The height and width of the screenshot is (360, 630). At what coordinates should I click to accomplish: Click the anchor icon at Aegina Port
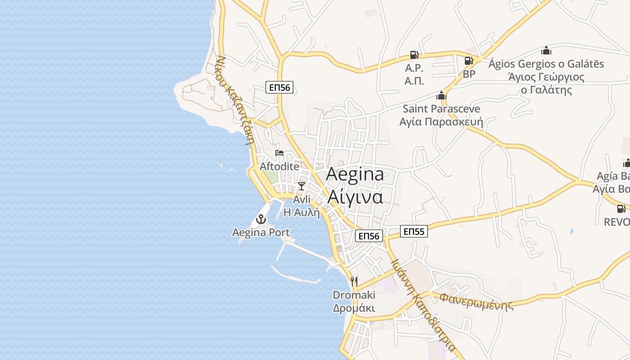click(x=261, y=220)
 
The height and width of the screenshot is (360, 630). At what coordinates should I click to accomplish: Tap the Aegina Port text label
click(x=261, y=233)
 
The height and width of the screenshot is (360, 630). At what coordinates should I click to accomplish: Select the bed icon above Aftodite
click(x=279, y=153)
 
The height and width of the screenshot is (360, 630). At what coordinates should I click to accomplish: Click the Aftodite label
click(x=279, y=166)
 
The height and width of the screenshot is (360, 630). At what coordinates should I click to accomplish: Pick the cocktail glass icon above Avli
click(x=301, y=186)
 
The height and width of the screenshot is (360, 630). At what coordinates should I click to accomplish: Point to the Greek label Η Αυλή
click(x=301, y=212)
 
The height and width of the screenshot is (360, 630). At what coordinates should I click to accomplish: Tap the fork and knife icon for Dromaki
click(x=354, y=282)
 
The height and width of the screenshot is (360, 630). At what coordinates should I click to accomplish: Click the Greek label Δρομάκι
click(x=354, y=308)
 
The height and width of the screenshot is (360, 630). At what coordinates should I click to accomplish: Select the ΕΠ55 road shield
click(x=414, y=232)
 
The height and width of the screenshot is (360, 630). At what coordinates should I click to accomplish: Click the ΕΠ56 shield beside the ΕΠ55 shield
click(x=369, y=235)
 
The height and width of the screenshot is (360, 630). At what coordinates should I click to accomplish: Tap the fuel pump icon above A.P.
click(x=414, y=55)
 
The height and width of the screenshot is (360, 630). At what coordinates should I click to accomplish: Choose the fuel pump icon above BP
click(x=468, y=60)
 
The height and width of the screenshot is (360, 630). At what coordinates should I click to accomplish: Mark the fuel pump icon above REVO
click(x=621, y=208)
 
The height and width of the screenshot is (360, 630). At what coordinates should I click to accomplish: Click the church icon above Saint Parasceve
click(x=441, y=95)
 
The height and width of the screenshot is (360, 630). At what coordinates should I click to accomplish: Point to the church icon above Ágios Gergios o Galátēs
click(x=546, y=50)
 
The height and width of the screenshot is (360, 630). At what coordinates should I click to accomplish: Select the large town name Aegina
click(x=355, y=175)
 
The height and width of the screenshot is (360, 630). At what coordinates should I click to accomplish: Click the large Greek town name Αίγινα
click(x=355, y=197)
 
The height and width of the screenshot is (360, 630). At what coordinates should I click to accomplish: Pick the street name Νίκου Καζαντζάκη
click(x=236, y=99)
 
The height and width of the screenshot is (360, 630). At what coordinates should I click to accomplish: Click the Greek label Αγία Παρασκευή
click(x=441, y=122)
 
